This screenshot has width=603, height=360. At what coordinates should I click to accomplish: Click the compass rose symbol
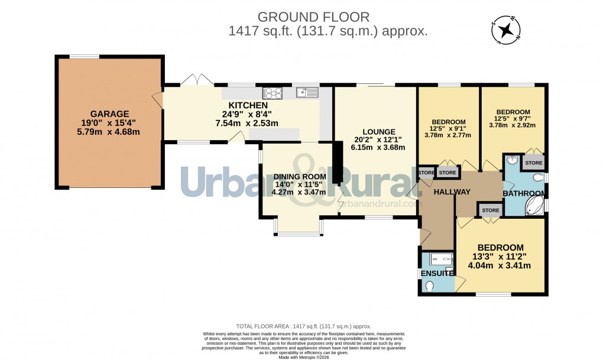click(505, 31)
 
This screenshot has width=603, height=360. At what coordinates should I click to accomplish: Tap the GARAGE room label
click(109, 113)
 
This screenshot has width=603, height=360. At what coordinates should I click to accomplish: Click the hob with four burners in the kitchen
click(274, 92)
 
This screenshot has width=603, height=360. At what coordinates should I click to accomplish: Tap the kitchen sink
click(307, 92)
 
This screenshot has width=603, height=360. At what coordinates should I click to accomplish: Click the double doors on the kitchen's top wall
click(196, 81)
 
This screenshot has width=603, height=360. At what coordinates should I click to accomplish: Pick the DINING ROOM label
click(299, 176)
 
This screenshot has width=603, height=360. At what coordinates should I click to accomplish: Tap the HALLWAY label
click(452, 192)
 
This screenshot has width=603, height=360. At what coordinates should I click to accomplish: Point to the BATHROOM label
click(523, 193)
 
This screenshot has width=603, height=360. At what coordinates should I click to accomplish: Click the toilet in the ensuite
click(430, 286)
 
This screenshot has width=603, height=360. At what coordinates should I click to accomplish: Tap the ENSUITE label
click(436, 273)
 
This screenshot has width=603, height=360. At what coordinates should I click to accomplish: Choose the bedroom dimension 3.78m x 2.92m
click(513, 125)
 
